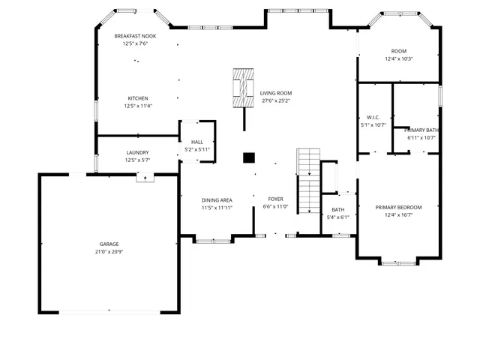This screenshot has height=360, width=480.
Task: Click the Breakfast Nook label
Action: pyautogui.click(x=135, y=36)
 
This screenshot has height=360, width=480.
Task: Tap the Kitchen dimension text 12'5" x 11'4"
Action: pyautogui.click(x=137, y=106)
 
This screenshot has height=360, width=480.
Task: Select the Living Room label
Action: pyautogui.click(x=275, y=93)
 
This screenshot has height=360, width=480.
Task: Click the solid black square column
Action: pyautogui.click(x=249, y=157)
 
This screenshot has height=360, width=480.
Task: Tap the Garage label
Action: pyautogui.click(x=109, y=244)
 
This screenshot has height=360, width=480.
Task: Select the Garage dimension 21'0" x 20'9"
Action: pyautogui.click(x=109, y=252)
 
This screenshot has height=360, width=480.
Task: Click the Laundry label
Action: pyautogui.click(x=137, y=152)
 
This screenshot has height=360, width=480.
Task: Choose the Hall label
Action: pyautogui.click(x=197, y=142)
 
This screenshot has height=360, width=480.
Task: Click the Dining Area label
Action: pyautogui.click(x=217, y=200)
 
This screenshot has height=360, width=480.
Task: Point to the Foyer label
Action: pyautogui.click(x=275, y=199)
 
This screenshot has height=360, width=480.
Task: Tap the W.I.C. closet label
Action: pyautogui.click(x=373, y=118)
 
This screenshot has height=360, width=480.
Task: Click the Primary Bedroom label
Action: pyautogui.click(x=398, y=207)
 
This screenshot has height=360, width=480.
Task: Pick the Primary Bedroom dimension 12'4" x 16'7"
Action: pyautogui.click(x=398, y=215)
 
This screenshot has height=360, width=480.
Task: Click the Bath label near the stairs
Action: pyautogui.click(x=337, y=209)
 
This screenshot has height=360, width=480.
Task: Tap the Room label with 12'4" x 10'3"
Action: pyautogui.click(x=398, y=51)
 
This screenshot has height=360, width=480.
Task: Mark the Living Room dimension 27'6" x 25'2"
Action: pyautogui.click(x=275, y=100)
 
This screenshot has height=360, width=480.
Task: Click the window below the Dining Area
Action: pyautogui.click(x=214, y=240)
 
